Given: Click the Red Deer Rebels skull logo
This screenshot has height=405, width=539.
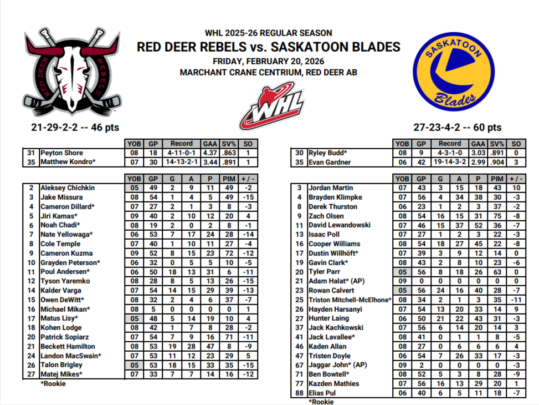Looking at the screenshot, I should pyautogui.click(x=71, y=72).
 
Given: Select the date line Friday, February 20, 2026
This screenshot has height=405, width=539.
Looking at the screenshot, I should pyautogui.click(x=269, y=61).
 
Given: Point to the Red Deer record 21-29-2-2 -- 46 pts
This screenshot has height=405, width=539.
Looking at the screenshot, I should pyautogui.click(x=75, y=128).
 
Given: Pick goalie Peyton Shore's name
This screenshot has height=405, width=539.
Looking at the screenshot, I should pyautogui.click(x=61, y=153).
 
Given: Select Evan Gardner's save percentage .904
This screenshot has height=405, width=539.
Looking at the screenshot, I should pyautogui.click(x=497, y=162).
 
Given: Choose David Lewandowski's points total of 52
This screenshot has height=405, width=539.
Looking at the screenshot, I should pyautogui.click(x=478, y=225).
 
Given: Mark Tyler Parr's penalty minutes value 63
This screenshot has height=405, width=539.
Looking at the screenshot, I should pyautogui.click(x=497, y=272).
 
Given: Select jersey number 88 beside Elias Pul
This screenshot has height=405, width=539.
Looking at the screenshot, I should pyautogui.click(x=299, y=393).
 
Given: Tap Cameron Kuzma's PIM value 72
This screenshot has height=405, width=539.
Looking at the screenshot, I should pyautogui.click(x=229, y=253).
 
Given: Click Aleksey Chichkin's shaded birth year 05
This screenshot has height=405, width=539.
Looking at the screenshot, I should pyautogui.click(x=134, y=188).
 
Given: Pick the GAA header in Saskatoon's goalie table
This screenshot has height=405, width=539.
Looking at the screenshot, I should pyautogui.click(x=478, y=143).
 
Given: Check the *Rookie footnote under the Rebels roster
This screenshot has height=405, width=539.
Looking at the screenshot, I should pyautogui.click(x=53, y=383).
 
